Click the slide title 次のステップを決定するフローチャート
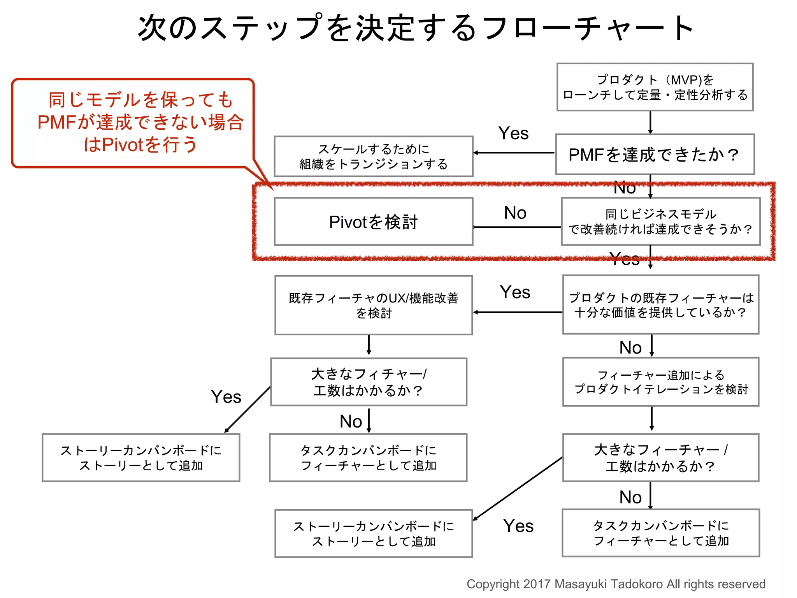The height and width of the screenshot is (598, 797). tap(416, 28)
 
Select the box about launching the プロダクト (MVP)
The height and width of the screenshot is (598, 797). tap(655, 87)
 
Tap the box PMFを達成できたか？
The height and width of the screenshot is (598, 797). tap(655, 155)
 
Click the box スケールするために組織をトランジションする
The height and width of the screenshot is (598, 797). tap(374, 157)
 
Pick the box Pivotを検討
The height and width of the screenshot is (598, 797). tap(374, 222)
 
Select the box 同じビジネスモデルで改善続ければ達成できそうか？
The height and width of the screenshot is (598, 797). tap(660, 222)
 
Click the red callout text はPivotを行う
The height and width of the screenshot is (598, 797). tap(141, 145)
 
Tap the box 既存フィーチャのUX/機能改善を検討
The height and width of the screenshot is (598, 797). tap(374, 305)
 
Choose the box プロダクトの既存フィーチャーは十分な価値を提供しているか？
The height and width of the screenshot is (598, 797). tap(660, 305)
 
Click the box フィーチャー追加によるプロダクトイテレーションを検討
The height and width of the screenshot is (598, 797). tap(660, 382)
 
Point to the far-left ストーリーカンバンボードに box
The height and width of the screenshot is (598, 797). tap(141, 458)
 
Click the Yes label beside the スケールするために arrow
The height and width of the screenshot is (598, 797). tap(513, 134)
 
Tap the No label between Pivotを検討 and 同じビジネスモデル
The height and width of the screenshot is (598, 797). tap(515, 213)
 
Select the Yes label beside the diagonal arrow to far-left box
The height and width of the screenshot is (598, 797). tap(226, 397)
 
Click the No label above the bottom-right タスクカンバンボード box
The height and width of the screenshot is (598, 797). tap(630, 497)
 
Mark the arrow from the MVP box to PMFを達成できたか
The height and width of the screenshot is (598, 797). tap(650, 123)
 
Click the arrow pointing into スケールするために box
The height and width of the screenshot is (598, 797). tap(514, 153)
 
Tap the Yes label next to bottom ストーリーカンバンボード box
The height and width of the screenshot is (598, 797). tap(518, 526)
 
